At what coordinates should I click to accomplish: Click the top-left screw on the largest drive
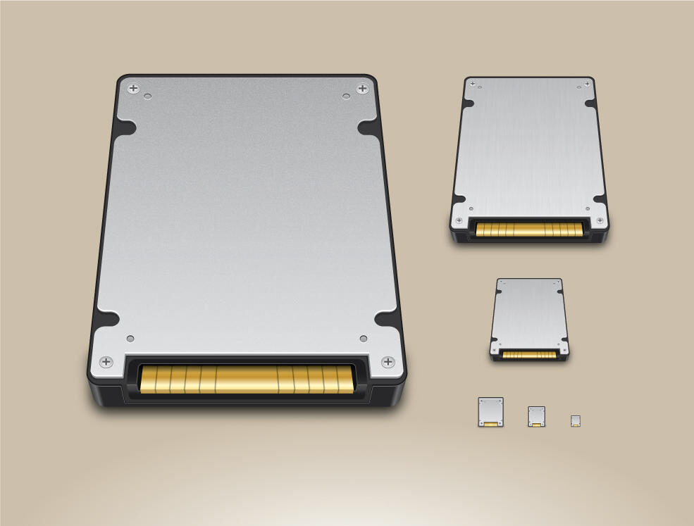click(x=133, y=89)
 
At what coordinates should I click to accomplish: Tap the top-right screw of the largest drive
click(x=362, y=88)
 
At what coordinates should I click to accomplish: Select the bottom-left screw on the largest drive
click(x=106, y=362)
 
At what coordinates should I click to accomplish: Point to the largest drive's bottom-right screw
click(x=388, y=362)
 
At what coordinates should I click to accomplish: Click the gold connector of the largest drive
click(x=247, y=379)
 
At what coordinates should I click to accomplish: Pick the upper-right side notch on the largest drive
click(x=368, y=127)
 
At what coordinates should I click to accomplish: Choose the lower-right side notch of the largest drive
click(x=385, y=318)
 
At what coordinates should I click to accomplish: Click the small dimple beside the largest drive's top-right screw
click(x=346, y=96)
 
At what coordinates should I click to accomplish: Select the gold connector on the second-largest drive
click(x=529, y=229)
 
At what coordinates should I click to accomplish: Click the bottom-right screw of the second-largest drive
click(x=600, y=220)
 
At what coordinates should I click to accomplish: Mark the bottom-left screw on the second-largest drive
click(x=459, y=220)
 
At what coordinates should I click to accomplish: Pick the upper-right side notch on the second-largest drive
click(x=590, y=104)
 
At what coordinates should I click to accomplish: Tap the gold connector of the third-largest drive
click(x=529, y=354)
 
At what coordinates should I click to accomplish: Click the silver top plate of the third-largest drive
click(x=529, y=310)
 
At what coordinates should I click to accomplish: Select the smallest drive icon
click(x=576, y=421)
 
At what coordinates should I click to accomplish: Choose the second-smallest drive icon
click(x=537, y=416)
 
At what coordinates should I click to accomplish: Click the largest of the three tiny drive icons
click(x=490, y=412)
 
